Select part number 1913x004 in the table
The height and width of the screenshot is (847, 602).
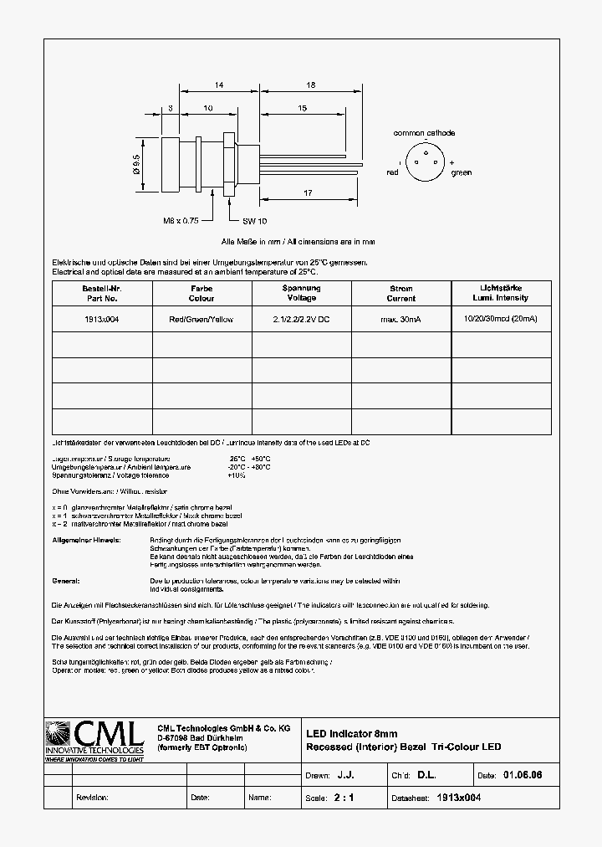click(101, 320)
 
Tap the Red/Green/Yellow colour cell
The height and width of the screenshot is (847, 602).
click(201, 320)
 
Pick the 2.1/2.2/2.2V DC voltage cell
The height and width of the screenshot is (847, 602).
click(301, 320)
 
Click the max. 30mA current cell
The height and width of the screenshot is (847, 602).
click(400, 320)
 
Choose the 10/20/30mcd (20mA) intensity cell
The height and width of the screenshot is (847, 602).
click(500, 320)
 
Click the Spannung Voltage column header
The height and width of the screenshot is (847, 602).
click(301, 293)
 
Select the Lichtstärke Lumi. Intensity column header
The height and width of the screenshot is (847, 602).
click(500, 293)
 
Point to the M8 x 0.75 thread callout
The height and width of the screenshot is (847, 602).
click(180, 220)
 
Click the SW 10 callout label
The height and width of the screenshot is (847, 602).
click(254, 220)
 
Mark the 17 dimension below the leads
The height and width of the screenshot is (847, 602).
click(308, 193)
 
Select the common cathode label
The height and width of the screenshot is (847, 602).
click(424, 133)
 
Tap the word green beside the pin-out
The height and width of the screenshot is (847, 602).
click(461, 173)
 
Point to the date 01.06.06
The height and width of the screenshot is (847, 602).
click(523, 776)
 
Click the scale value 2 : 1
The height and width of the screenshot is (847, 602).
click(344, 798)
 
